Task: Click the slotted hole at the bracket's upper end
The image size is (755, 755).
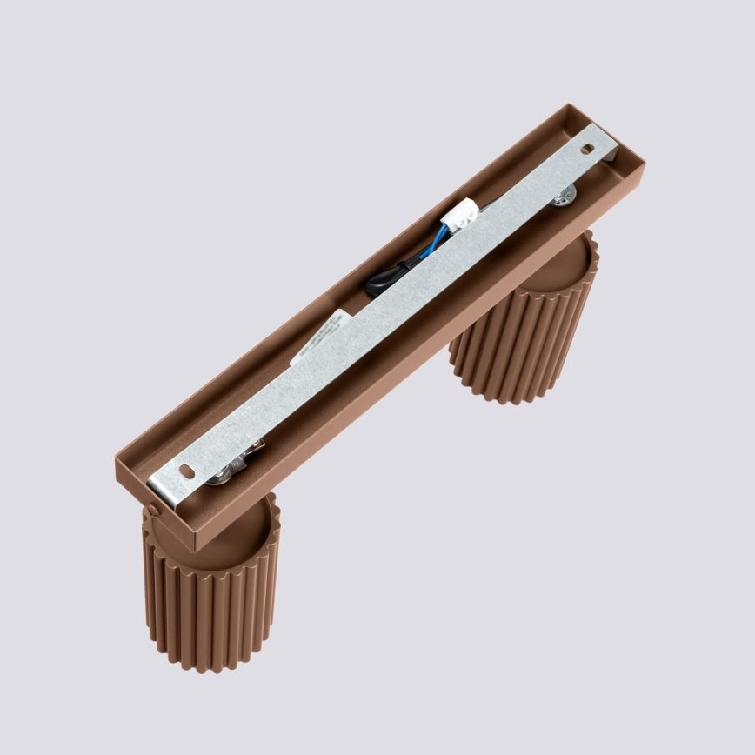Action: point(588,149)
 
